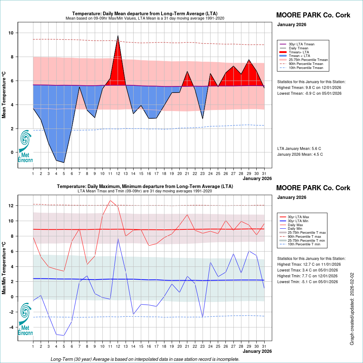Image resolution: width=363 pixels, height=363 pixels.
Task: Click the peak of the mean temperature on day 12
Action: point(118,36)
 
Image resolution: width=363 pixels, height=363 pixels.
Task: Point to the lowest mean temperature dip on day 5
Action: point(64,163)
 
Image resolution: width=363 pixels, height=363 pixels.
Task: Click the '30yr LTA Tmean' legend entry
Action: point(301,44)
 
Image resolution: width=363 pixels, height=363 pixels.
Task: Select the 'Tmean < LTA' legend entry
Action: point(299,56)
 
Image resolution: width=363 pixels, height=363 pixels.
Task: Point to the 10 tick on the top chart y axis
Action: point(11,33)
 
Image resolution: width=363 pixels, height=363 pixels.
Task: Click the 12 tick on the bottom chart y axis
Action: point(11,206)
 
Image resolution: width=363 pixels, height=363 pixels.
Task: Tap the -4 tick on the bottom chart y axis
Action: point(11,327)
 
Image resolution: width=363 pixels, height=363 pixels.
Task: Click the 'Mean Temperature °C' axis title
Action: point(4,94)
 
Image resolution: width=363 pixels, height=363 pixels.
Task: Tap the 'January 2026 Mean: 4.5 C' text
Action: point(300,154)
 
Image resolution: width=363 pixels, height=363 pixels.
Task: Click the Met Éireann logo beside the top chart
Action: point(25,146)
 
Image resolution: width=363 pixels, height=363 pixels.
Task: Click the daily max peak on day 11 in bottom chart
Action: point(110,200)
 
